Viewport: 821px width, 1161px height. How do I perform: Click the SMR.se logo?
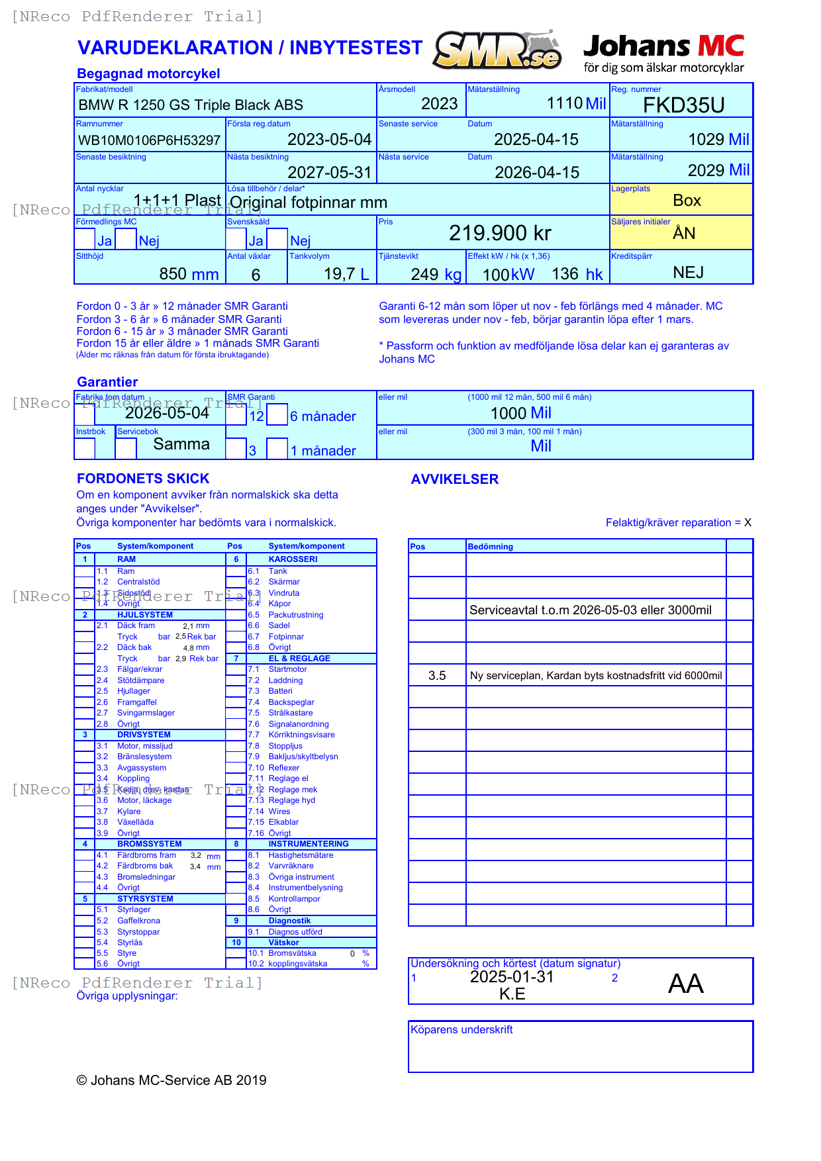pyautogui.click(x=498, y=50)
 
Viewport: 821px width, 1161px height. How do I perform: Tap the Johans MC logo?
pyautogui.click(x=663, y=53)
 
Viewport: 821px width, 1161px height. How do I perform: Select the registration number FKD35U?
pyautogui.click(x=683, y=105)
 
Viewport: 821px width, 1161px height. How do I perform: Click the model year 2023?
pyautogui.click(x=439, y=104)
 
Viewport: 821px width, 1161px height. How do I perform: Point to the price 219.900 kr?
pyautogui.click(x=500, y=233)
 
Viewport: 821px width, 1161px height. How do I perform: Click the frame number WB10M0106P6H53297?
pyautogui.click(x=149, y=140)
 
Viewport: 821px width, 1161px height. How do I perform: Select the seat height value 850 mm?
pyautogui.click(x=189, y=274)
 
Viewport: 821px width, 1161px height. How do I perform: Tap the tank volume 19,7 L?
pyautogui.click(x=346, y=274)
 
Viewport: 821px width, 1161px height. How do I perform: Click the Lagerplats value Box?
pyautogui.click(x=687, y=201)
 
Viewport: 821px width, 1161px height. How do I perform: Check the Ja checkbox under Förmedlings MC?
pyautogui.click(x=85, y=239)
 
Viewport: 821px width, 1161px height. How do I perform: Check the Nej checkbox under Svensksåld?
pyautogui.click(x=277, y=239)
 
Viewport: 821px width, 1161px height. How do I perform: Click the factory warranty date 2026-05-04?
pyautogui.click(x=167, y=413)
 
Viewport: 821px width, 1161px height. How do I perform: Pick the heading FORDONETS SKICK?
pyautogui.click(x=143, y=479)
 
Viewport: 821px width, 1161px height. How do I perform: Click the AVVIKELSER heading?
pyautogui.click(x=454, y=479)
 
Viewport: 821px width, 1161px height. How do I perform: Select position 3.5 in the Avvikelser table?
pyautogui.click(x=437, y=676)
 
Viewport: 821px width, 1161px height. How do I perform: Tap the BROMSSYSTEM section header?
pyautogui.click(x=149, y=844)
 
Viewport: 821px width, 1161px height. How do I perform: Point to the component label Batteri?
pyautogui.click(x=280, y=691)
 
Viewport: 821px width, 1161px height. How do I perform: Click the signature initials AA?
pyautogui.click(x=685, y=984)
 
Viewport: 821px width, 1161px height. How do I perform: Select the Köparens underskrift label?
pyautogui.click(x=461, y=1029)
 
